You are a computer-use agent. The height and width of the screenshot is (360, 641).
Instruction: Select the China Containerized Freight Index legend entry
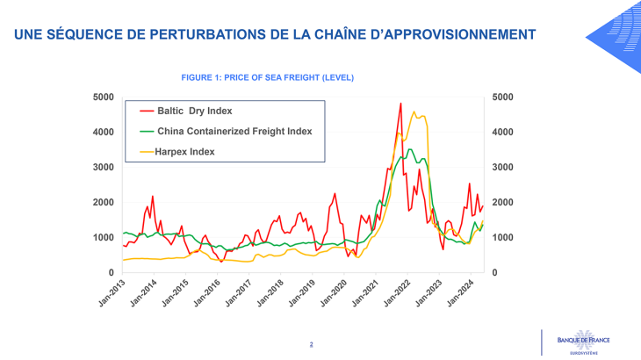tap(234, 131)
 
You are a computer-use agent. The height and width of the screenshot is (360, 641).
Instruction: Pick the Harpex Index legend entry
tap(185, 151)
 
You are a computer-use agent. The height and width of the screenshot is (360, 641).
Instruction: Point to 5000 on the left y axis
tap(104, 97)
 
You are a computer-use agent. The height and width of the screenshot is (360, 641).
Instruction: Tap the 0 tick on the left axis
tap(111, 273)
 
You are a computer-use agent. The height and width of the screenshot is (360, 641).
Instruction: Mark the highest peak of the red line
tap(400, 104)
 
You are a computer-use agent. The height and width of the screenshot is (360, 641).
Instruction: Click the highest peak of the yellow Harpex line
tap(414, 112)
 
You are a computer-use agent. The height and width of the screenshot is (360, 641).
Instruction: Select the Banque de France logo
tap(582, 342)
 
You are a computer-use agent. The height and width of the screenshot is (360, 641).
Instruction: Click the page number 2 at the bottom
tap(311, 344)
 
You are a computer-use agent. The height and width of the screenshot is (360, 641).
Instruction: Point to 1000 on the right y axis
tap(505, 238)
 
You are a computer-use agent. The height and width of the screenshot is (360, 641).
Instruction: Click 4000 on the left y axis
tap(104, 132)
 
